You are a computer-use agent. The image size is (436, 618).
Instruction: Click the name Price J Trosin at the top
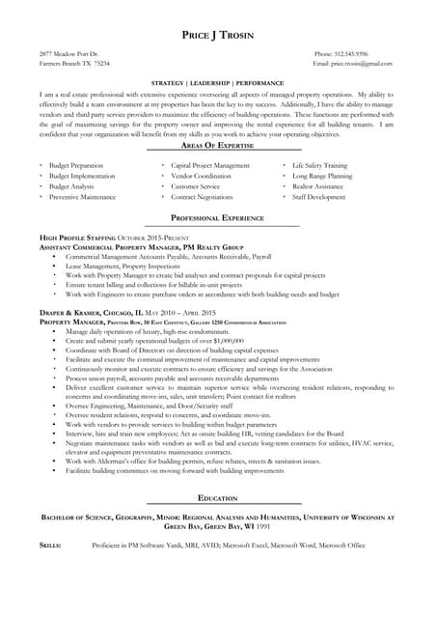tap(217, 36)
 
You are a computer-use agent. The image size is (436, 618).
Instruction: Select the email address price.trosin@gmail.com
tap(361, 64)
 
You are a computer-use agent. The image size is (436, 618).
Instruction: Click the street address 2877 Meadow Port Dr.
tap(68, 54)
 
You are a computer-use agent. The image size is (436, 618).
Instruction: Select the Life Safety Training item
tap(320, 165)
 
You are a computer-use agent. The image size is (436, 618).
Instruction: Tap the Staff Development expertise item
tap(319, 196)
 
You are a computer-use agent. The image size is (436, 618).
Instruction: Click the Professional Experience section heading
tap(217, 218)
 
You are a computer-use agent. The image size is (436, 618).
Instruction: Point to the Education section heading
tap(217, 497)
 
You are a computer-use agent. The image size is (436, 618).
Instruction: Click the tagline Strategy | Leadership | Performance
tap(217, 84)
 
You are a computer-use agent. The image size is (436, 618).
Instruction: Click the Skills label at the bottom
tap(50, 546)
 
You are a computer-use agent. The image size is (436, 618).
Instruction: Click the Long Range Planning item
tap(323, 176)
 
